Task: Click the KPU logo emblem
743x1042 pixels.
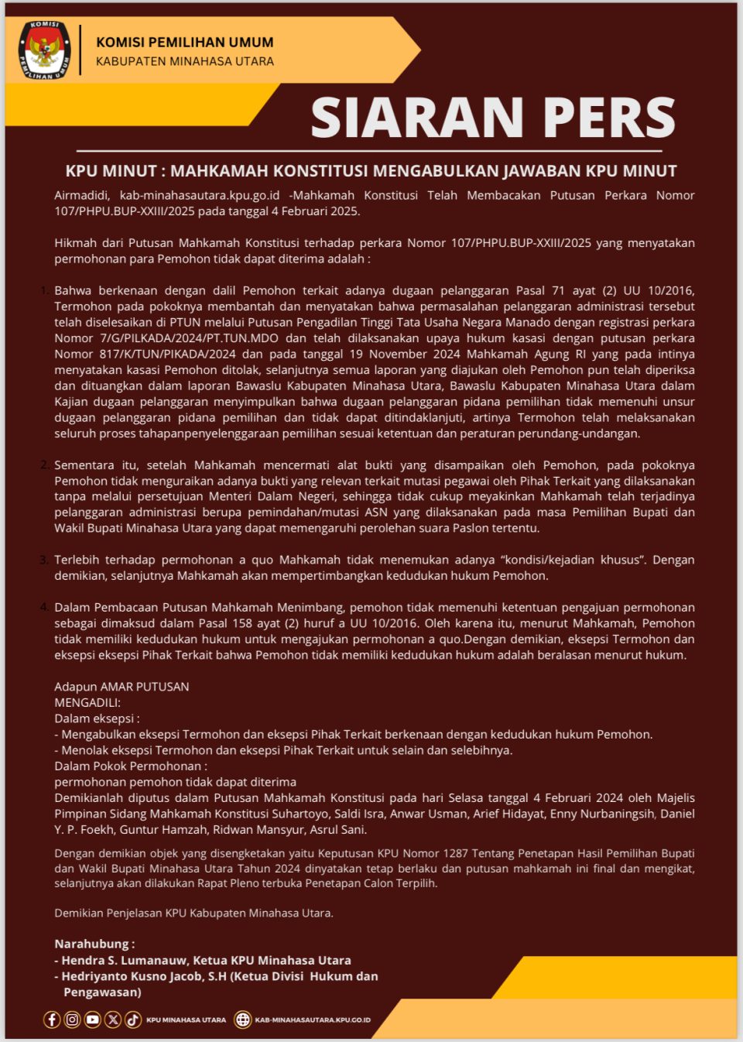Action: (x=45, y=50)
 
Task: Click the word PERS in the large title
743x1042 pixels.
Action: (x=609, y=118)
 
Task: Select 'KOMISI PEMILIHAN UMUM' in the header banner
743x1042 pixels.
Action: (x=184, y=43)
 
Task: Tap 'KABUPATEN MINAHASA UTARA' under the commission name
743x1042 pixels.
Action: (x=184, y=61)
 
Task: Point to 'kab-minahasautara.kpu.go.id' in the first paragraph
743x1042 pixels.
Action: (x=200, y=195)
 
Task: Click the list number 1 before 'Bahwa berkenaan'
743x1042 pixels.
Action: (x=44, y=290)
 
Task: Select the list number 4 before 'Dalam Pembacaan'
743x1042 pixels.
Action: (x=44, y=607)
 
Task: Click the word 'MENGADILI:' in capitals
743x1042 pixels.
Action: (x=87, y=702)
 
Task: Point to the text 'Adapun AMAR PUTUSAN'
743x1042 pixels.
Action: (x=122, y=687)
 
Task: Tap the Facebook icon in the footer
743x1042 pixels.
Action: (x=52, y=1020)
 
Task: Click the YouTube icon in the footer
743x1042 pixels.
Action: (x=93, y=1020)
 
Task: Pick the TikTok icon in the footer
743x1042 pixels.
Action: (x=133, y=1020)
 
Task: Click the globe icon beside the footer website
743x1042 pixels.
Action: (x=243, y=1020)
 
